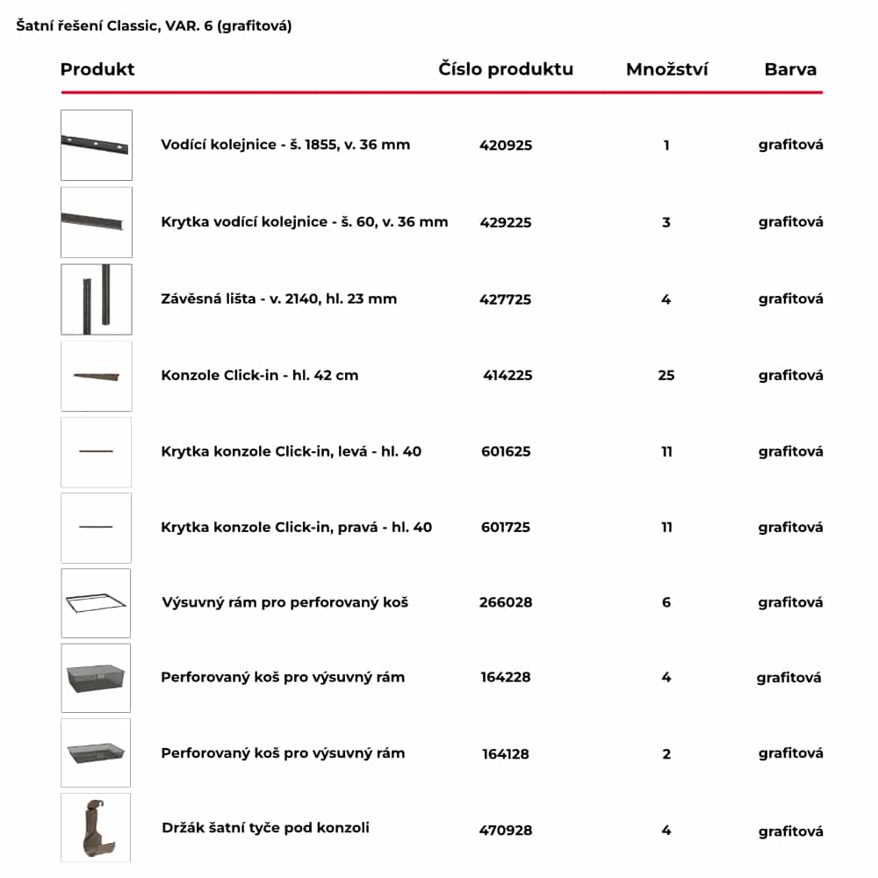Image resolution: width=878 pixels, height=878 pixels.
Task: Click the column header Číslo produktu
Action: pos(506,69)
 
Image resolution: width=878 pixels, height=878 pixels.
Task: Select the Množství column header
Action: pos(666,69)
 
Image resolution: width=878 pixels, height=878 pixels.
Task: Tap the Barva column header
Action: pos(790,69)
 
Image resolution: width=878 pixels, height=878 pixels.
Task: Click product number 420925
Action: pos(506,145)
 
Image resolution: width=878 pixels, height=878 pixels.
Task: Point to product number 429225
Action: pos(506,222)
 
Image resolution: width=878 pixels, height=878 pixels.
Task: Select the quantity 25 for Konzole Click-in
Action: pos(666,376)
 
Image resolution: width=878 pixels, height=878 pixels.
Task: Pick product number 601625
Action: pos(506,452)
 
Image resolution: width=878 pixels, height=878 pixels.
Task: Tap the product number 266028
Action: pos(506,602)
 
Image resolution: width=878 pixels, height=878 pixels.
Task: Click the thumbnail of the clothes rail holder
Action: pos(96,827)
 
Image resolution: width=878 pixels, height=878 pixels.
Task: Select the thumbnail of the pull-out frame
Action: pos(96,603)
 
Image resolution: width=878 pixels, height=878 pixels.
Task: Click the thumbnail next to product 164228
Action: pos(96,678)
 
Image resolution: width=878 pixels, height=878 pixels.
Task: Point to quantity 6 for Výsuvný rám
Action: pos(666,602)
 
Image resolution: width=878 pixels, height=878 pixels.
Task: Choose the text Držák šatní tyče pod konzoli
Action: pos(265,828)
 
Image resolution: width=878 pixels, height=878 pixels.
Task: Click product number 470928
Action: pos(506,830)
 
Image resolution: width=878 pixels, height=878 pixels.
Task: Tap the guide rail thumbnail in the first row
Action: pos(96,145)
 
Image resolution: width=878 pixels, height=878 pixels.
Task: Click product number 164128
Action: pos(506,754)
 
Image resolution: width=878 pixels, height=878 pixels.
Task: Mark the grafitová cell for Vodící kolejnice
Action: pos(790,145)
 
